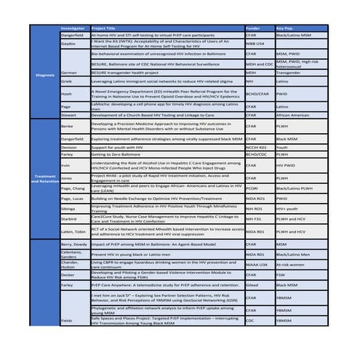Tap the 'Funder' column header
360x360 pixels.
[x=255, y=28]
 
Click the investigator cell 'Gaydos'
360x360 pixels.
[x=69, y=44]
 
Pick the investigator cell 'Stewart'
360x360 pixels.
[x=70, y=114]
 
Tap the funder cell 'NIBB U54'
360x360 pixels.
[x=257, y=44]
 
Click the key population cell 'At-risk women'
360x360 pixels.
[x=294, y=265]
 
